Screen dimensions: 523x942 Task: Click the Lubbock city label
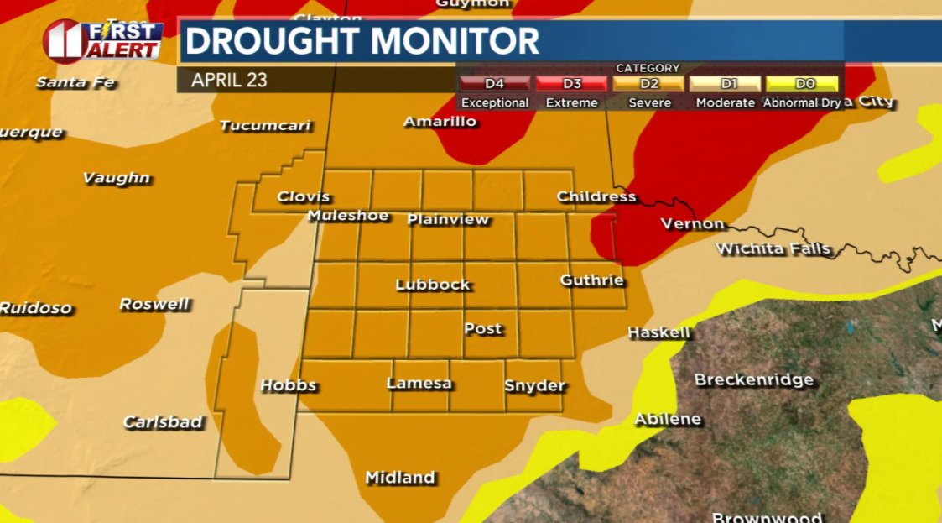coord(433,285)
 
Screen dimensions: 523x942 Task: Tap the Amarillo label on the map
coord(440,122)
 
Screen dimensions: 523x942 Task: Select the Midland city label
coord(400,478)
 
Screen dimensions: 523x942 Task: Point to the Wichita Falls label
coord(773,248)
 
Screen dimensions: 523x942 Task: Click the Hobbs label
coord(289,385)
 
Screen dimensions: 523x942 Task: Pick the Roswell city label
coord(154,304)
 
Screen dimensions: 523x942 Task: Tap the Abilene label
coord(668,419)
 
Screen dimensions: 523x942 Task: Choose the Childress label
coord(596,196)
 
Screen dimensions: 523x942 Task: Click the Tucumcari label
coord(265,126)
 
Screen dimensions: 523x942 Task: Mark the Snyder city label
coord(535,386)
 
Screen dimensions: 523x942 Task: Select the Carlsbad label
coord(163,421)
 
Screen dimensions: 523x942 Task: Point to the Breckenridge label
coord(754,380)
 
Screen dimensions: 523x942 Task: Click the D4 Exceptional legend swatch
coord(494,84)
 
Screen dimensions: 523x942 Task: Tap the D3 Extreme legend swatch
coord(571,84)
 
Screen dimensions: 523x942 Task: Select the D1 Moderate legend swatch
coord(726,84)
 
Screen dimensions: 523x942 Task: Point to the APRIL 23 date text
coord(229,81)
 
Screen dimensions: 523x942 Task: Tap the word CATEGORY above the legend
coord(648,68)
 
